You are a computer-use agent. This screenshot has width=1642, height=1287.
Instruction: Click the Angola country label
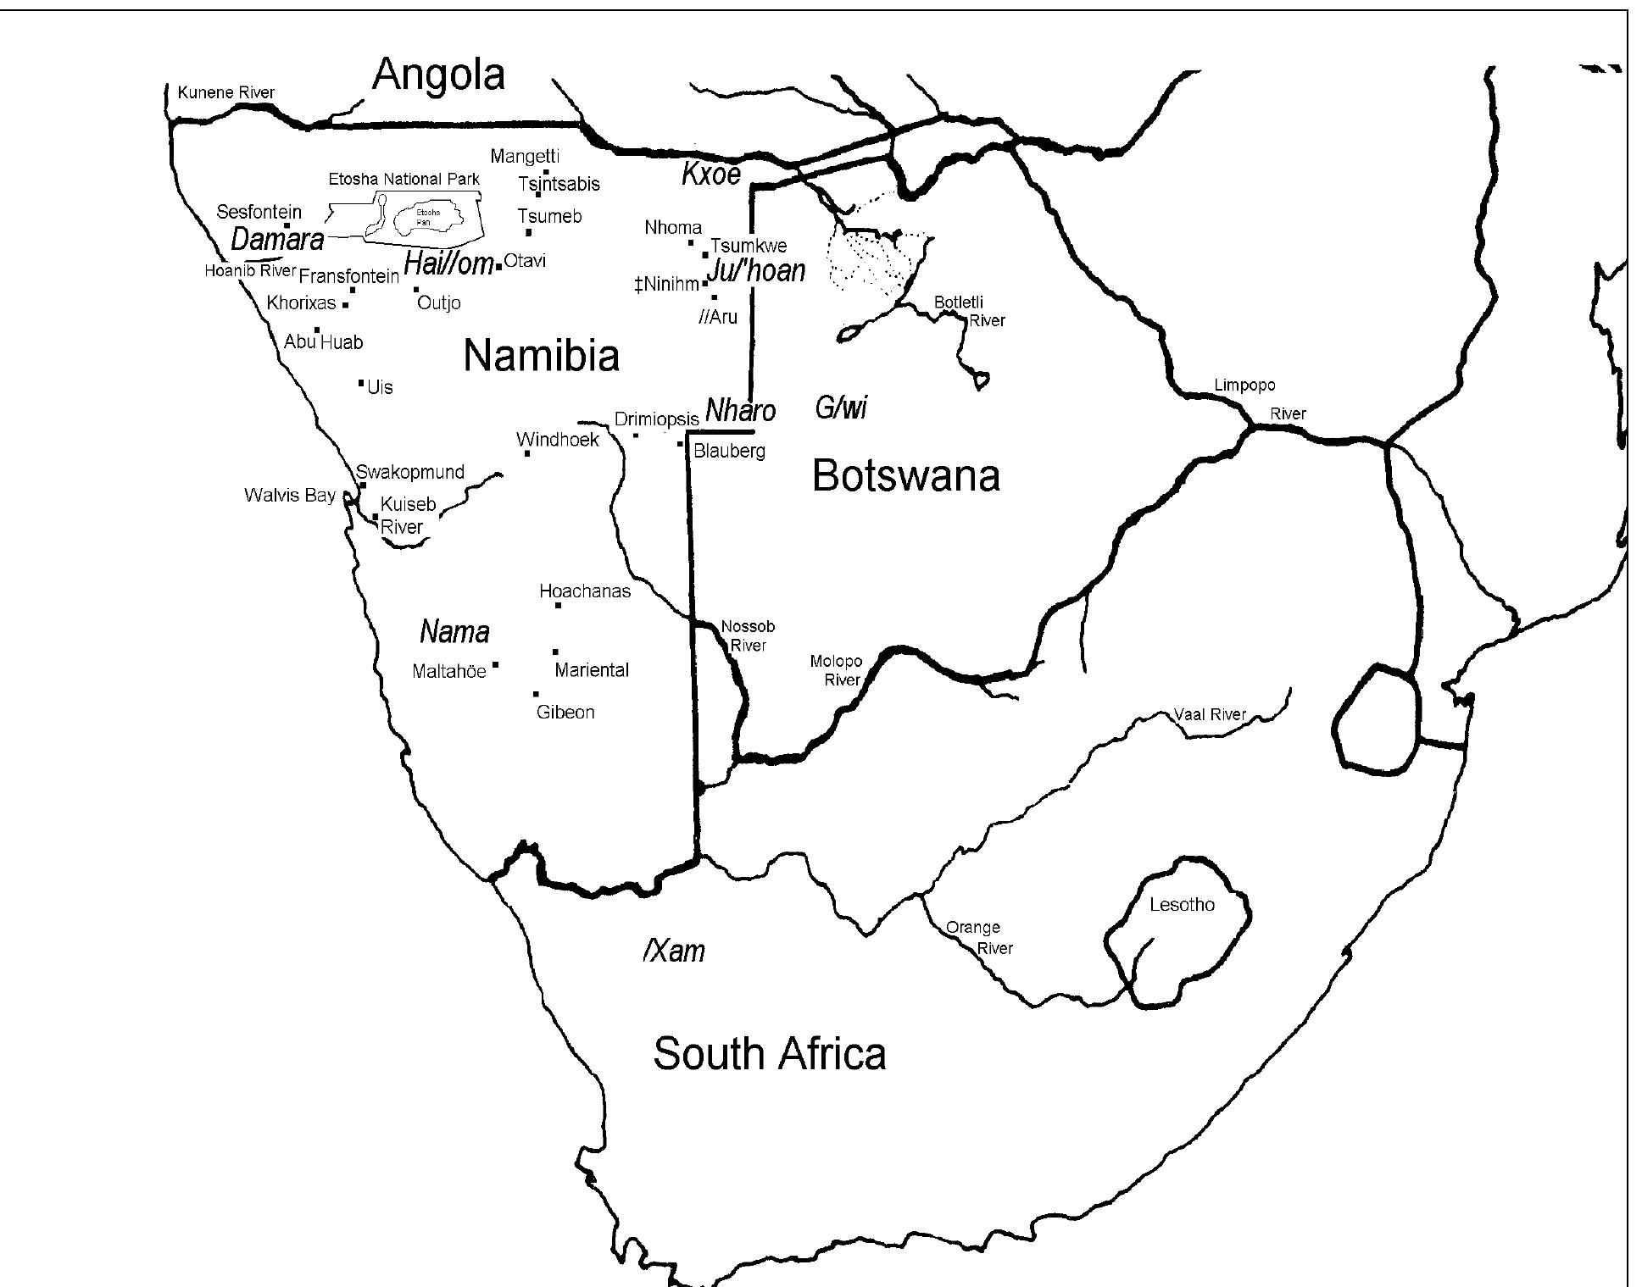[x=438, y=75]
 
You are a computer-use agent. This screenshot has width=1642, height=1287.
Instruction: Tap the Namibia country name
[x=541, y=355]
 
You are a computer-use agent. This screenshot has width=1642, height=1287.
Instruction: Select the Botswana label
[x=905, y=475]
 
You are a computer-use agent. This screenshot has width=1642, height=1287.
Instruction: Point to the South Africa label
[x=769, y=1054]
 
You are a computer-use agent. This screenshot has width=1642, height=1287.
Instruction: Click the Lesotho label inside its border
[x=1182, y=905]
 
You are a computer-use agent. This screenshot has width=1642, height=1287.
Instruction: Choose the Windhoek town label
[x=557, y=440]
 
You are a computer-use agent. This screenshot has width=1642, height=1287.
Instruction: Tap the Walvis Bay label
[x=289, y=495]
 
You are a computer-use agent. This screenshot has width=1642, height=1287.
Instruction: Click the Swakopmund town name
[x=409, y=472]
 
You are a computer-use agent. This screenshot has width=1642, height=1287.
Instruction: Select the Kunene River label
[x=225, y=92]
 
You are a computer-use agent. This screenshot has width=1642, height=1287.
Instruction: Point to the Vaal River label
[x=1210, y=714]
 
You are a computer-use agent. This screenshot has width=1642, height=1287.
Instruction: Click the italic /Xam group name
[x=674, y=951]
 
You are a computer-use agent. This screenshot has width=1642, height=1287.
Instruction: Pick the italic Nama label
[x=454, y=632]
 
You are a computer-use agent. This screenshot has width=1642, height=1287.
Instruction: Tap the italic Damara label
[x=277, y=240]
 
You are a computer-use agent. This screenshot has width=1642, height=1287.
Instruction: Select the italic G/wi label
[x=841, y=408]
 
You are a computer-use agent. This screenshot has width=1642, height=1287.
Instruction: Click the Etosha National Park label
[x=404, y=179]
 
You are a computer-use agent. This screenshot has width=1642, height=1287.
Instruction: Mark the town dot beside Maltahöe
[x=496, y=665]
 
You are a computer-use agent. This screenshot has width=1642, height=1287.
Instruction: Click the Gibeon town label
[x=565, y=713]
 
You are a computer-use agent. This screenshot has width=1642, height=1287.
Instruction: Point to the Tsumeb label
[x=549, y=216]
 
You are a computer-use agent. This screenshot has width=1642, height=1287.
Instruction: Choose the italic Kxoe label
[x=711, y=175]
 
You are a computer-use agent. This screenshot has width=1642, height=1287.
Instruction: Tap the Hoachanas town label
[x=585, y=591]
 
